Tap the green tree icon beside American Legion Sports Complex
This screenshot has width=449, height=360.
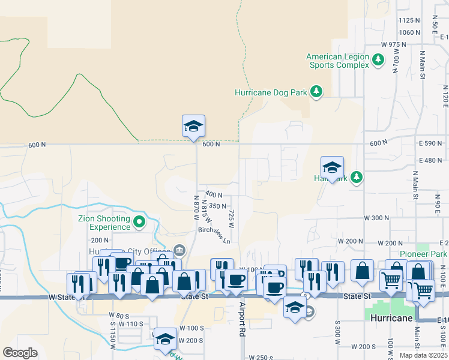[x=378, y=60]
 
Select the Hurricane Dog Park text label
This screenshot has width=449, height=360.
[x=270, y=92]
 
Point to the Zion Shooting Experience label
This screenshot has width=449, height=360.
[x=104, y=223]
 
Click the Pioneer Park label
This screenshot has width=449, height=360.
[x=424, y=254]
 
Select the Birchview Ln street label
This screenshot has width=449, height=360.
[x=215, y=235]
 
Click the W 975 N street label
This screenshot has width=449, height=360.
[x=394, y=45]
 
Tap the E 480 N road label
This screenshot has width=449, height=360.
[x=431, y=160]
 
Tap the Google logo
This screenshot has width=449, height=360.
[x=20, y=353]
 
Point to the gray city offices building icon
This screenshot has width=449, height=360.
[x=179, y=250]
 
